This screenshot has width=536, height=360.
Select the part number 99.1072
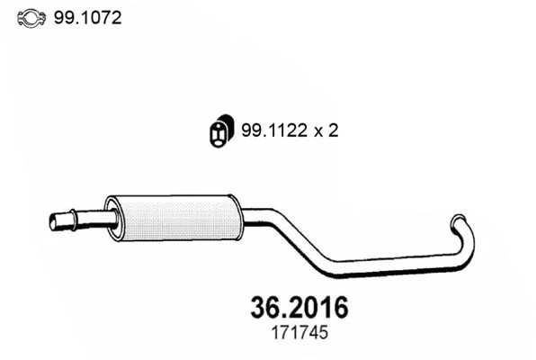89,17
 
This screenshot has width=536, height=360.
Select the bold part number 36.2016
296,308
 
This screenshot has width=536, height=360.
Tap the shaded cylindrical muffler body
173,218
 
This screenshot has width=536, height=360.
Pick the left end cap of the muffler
111,217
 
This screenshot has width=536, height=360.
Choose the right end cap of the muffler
237,219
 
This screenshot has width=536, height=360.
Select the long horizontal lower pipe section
387,265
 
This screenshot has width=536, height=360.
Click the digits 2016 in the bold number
315,308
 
